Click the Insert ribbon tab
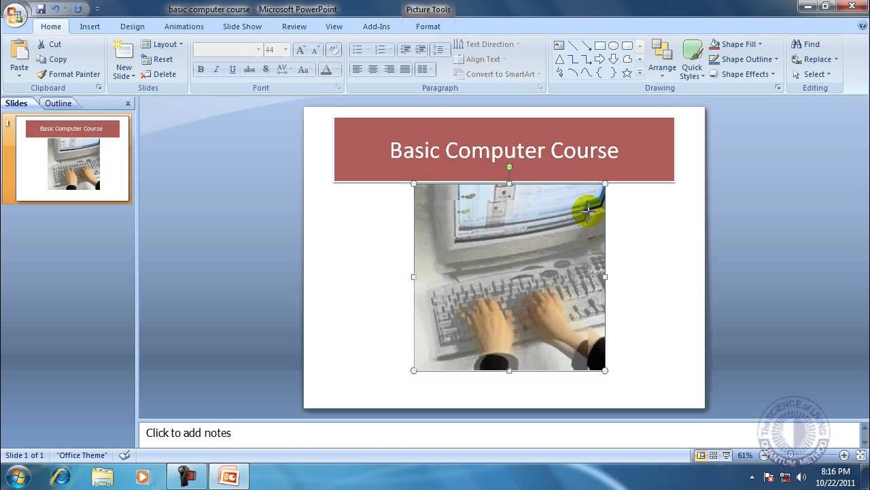[x=90, y=27]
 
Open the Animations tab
[x=184, y=27]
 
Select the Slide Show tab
[x=242, y=27]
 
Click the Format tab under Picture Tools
[x=428, y=27]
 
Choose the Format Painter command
[x=68, y=74]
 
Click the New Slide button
[x=124, y=61]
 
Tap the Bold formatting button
[x=201, y=69]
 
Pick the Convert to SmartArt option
[x=498, y=74]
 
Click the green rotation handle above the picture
[x=509, y=167]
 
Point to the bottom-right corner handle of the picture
[x=605, y=371]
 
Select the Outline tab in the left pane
[x=58, y=103]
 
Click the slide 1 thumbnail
[x=73, y=159]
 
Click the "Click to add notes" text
[x=188, y=433]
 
